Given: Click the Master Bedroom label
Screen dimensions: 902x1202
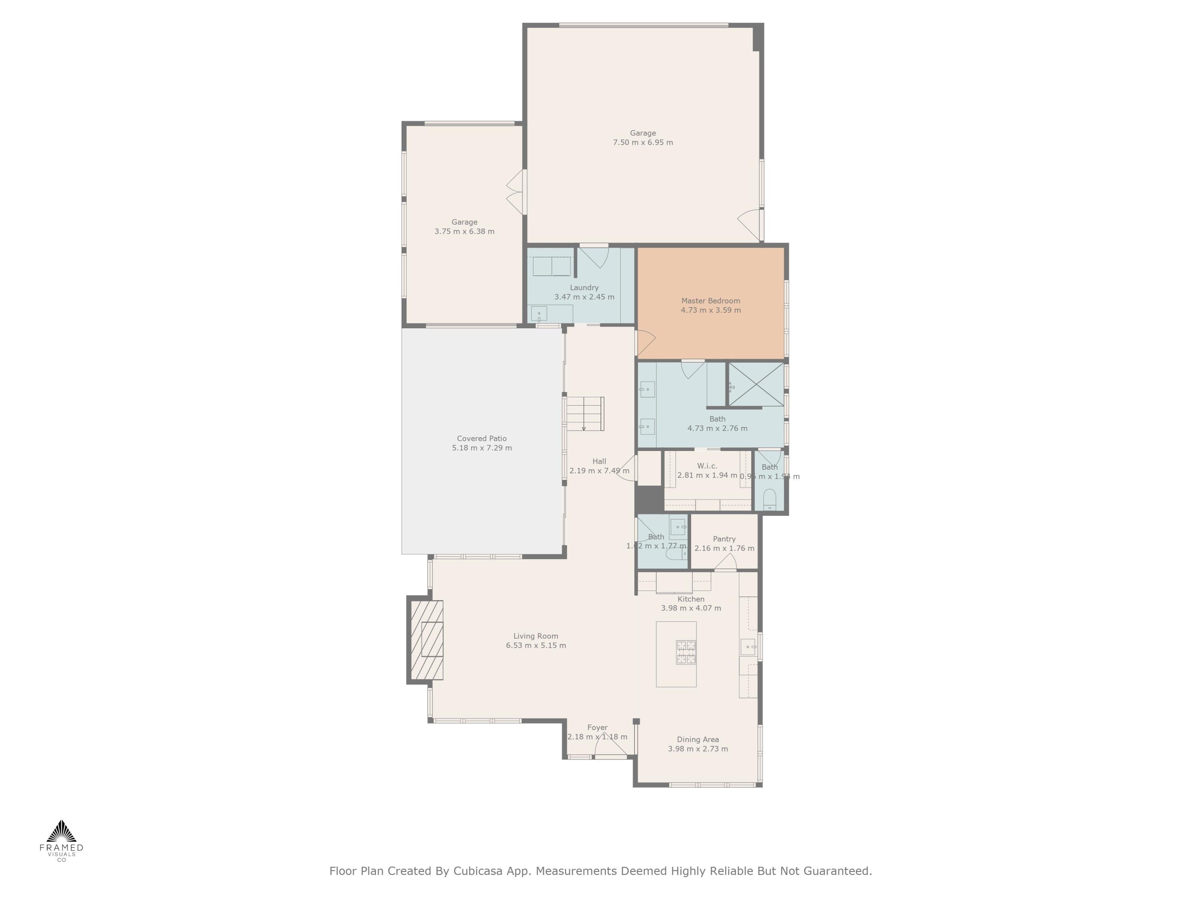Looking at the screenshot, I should coord(710,301).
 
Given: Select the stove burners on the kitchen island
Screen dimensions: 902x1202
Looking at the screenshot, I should coord(686,652).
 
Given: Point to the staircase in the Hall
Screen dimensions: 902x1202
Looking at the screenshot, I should coord(585,414).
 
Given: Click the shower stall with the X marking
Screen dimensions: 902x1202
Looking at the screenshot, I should coord(756,384).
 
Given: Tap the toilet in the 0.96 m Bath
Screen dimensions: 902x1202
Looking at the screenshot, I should coord(769,499).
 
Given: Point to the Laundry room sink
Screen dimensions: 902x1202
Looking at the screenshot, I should coord(539,314).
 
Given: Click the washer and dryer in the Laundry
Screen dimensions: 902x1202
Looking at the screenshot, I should coord(552,267).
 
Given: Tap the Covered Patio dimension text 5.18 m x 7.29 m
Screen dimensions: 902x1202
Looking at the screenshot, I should coord(482,448).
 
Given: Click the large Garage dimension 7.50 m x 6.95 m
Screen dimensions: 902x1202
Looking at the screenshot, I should coord(643,142).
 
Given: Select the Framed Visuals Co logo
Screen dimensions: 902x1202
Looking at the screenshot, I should coord(61,840).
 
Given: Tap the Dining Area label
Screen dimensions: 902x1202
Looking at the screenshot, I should coord(698,739).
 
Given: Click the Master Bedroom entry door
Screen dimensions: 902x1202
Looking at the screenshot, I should coord(645,342).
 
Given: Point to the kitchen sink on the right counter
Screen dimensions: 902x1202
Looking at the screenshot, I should coord(748,647).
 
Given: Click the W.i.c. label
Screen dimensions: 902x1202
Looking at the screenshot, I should coord(707,466).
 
